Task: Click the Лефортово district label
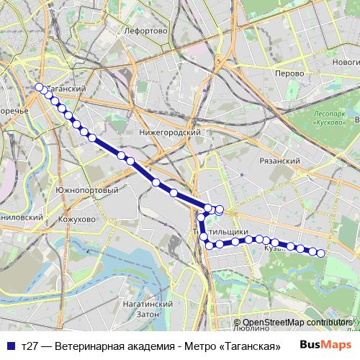click(145, 32)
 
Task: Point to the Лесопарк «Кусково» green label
click(332, 118)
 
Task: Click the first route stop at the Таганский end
click(40, 88)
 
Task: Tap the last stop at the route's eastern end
click(321, 253)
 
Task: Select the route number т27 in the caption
click(31, 346)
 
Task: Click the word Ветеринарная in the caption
click(89, 346)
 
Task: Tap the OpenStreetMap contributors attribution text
click(297, 323)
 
